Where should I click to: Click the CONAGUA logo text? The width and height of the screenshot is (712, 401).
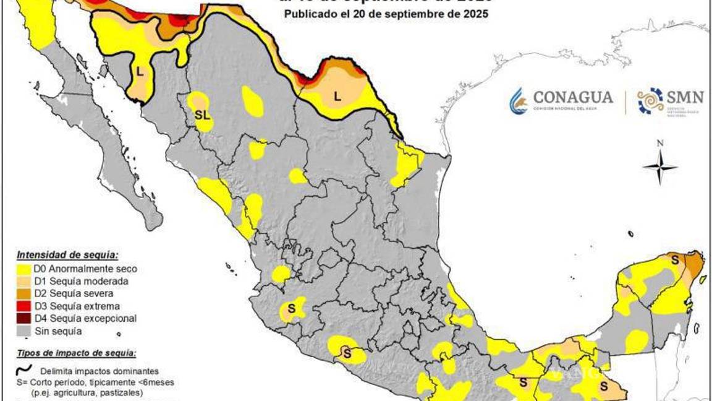(572, 98)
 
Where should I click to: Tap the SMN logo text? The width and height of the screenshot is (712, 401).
(685, 97)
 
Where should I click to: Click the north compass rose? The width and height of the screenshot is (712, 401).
(659, 167)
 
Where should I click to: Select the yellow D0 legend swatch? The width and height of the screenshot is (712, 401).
(25, 269)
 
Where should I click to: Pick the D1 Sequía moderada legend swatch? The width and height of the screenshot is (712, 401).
(25, 282)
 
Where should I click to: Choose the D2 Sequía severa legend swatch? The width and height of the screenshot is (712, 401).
(25, 294)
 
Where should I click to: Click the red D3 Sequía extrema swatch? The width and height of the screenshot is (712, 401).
(25, 306)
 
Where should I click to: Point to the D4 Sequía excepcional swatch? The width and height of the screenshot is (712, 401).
(25, 319)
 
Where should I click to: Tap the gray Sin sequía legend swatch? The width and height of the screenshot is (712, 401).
(25, 331)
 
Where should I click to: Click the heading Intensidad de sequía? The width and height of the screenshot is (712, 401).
(67, 255)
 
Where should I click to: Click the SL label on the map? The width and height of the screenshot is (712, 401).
(202, 115)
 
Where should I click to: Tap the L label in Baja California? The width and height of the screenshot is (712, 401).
(140, 72)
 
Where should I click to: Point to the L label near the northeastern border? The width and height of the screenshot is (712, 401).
(337, 96)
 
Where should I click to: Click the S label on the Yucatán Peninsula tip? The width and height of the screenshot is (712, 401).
(675, 261)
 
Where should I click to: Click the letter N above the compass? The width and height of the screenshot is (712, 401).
(659, 144)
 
